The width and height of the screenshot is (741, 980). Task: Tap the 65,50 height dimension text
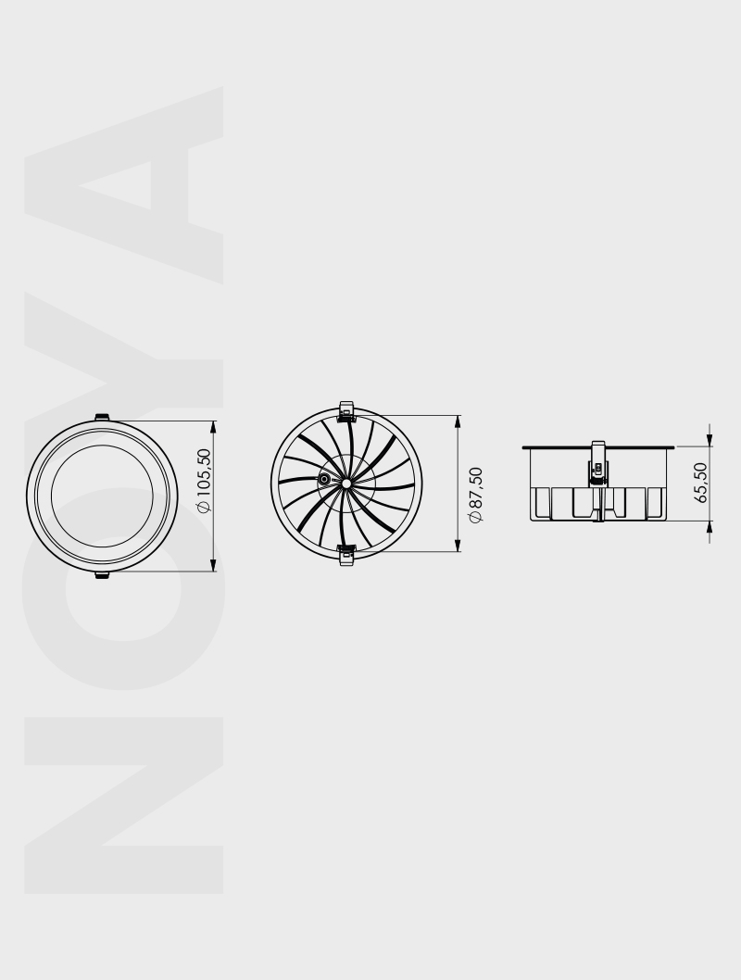(701, 483)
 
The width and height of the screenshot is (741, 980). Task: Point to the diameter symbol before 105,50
(205, 507)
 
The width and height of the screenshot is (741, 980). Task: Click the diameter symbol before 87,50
(475, 516)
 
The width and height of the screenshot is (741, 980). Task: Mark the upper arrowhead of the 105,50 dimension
(214, 428)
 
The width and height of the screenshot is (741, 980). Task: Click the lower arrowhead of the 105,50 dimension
(214, 564)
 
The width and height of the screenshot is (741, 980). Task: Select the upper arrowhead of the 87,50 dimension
(458, 422)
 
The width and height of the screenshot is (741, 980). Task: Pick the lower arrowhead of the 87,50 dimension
(458, 544)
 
